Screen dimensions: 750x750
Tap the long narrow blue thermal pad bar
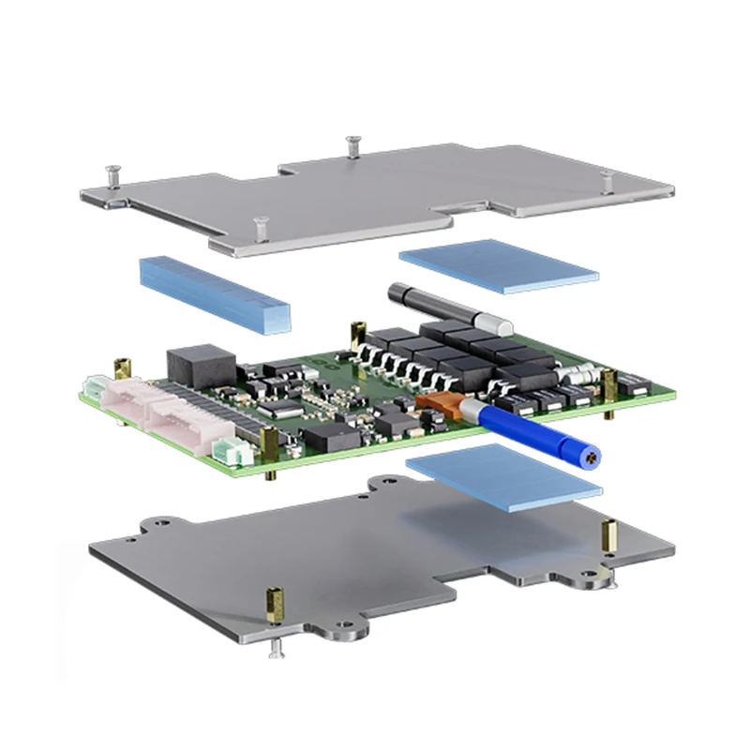[x=215, y=292]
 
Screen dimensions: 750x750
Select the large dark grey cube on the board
[x=201, y=363]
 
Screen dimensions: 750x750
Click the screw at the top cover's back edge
[x=353, y=145]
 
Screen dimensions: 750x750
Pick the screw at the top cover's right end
[x=607, y=178]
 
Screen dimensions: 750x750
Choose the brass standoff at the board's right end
[x=609, y=384]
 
